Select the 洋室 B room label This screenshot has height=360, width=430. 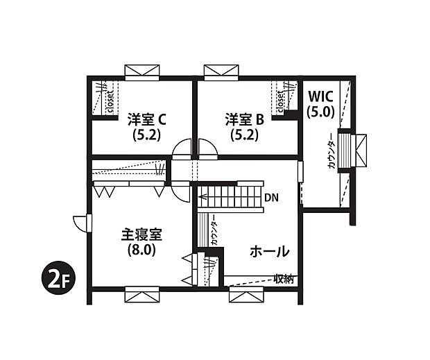pyautogui.click(x=244, y=119)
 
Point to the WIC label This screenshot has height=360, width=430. pyautogui.click(x=322, y=96)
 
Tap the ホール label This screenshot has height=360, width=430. pyautogui.click(x=268, y=251)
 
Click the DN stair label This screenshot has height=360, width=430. pyautogui.click(x=271, y=198)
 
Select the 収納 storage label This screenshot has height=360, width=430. pyautogui.click(x=283, y=279)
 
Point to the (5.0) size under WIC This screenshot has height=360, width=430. pyautogui.click(x=322, y=110)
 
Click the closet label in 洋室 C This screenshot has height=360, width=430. pyautogui.click(x=110, y=101)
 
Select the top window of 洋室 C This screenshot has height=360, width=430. pyautogui.click(x=142, y=72)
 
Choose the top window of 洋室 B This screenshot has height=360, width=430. pyautogui.click(x=222, y=72)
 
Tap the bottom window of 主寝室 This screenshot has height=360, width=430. pyautogui.click(x=142, y=295)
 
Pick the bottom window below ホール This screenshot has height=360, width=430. pyautogui.click(x=248, y=296)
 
